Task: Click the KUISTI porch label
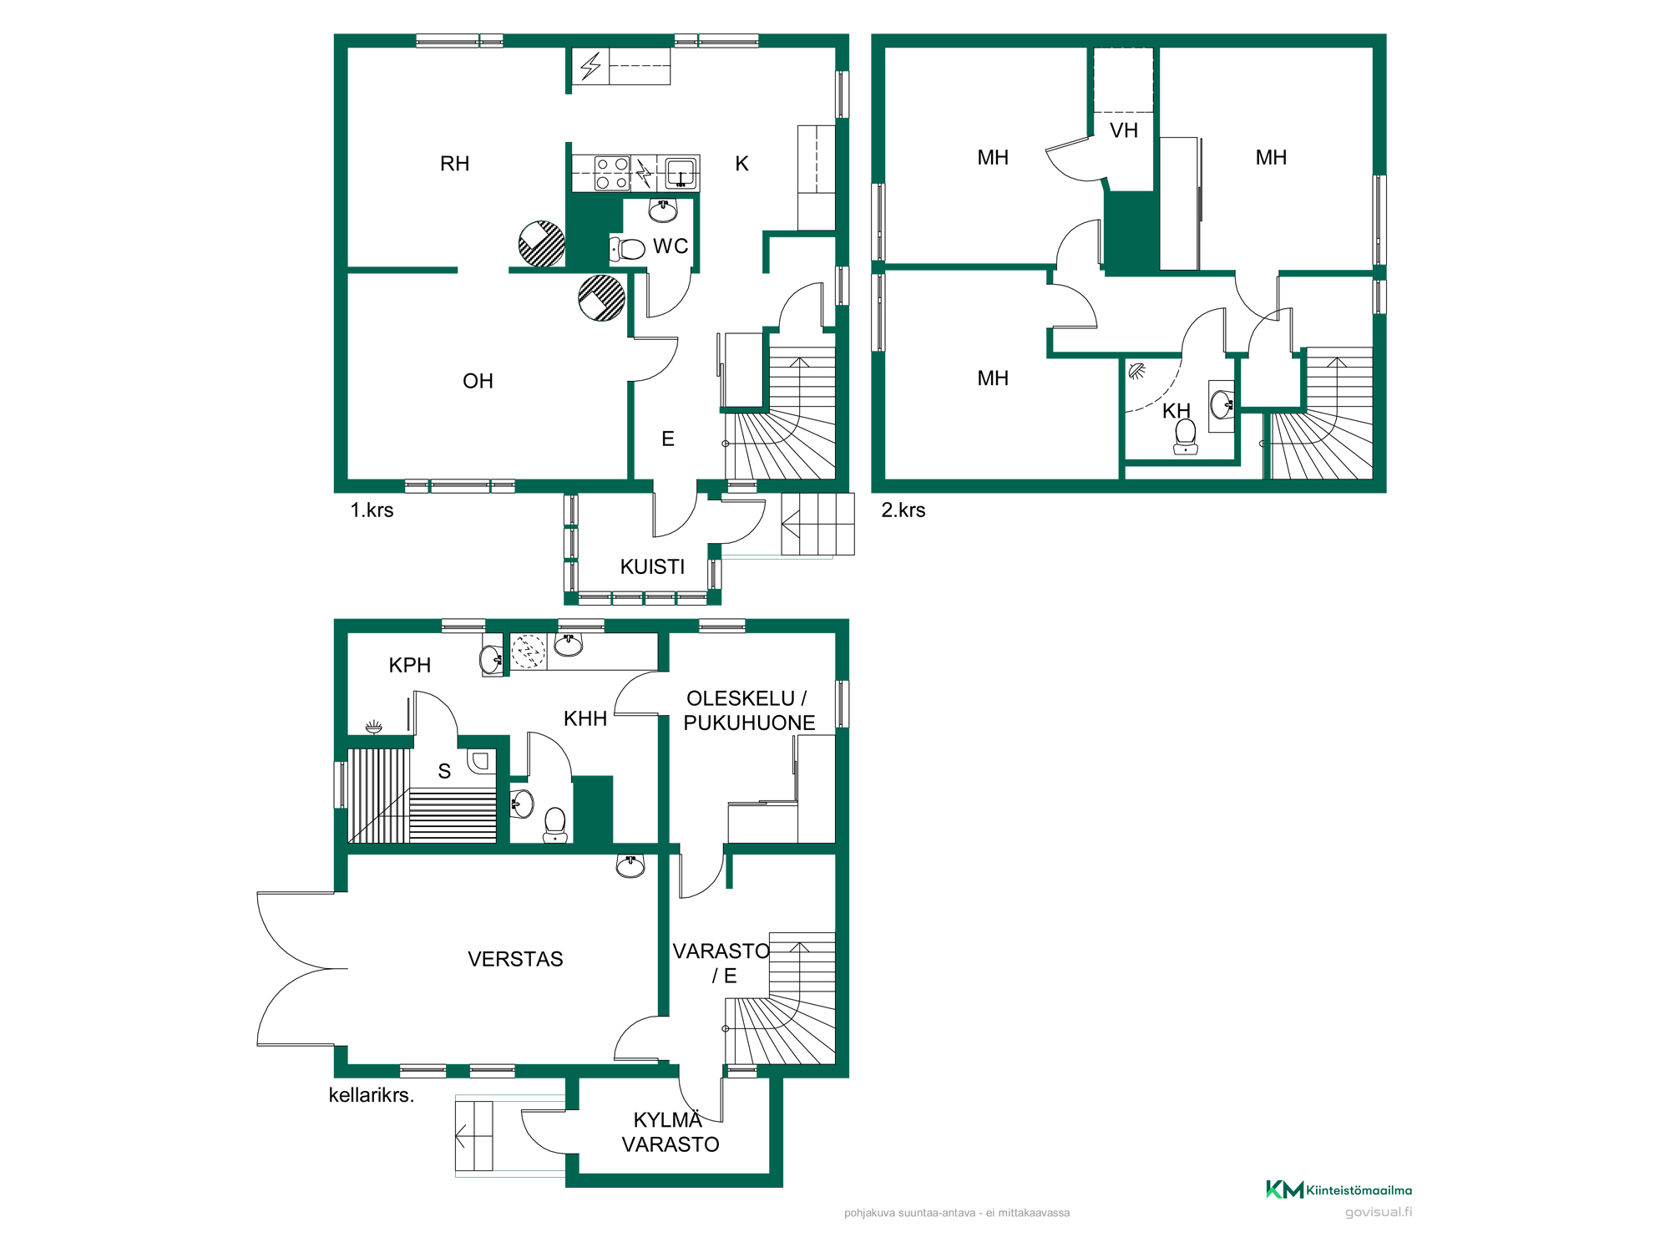tap(652, 567)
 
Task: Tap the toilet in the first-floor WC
tap(628, 249)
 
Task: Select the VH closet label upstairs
tap(1124, 130)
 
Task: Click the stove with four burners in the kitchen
tap(612, 174)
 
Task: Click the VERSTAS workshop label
tap(515, 959)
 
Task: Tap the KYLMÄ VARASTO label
tap(670, 1133)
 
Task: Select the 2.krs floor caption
tap(903, 510)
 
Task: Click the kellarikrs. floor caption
tap(372, 1095)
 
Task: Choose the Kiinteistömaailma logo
tap(1339, 1190)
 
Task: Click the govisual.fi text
tap(1379, 1212)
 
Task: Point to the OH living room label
tap(478, 382)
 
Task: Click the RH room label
tap(454, 164)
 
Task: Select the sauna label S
tap(444, 771)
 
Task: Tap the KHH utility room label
tap(584, 718)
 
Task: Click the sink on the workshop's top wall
tap(630, 865)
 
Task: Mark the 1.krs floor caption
tap(372, 510)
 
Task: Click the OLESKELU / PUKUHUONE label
tap(748, 711)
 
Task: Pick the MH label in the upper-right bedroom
tap(1271, 158)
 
